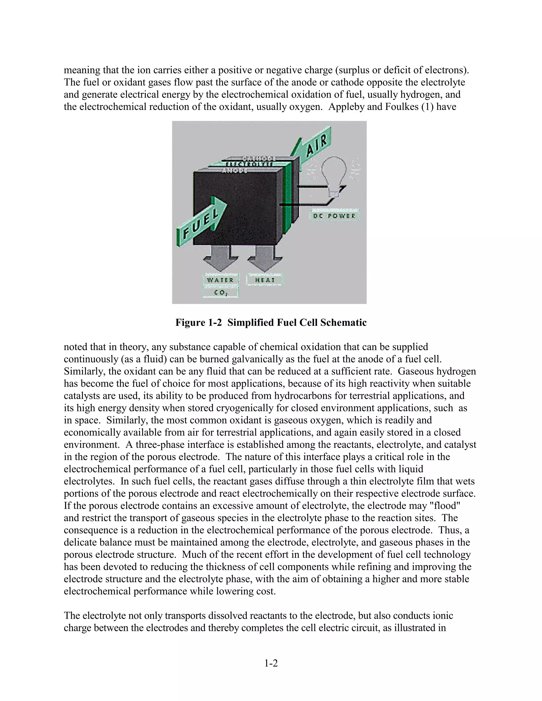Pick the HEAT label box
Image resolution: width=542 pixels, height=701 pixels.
click(265, 280)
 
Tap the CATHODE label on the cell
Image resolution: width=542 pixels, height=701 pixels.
click(259, 158)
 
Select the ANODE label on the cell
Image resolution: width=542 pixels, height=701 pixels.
click(235, 170)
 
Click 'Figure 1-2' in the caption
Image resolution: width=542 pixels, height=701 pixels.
click(198, 322)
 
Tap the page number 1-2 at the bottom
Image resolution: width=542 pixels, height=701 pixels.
click(271, 663)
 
